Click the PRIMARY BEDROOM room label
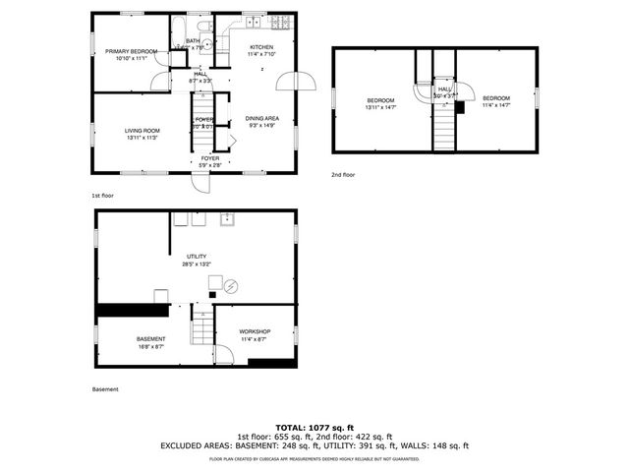coord(132,54)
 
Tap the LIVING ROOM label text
coord(143,134)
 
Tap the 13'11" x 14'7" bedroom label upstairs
coord(380,102)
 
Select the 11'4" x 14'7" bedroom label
coord(496,100)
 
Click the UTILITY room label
coord(197,259)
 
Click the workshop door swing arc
coord(224,352)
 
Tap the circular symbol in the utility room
coord(231,287)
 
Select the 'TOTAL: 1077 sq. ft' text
coord(314,428)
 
